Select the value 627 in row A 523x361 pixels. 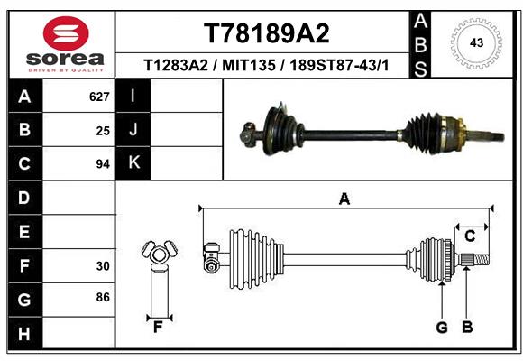(x=99, y=97)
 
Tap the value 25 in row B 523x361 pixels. (x=103, y=130)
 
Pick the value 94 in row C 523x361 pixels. (x=103, y=164)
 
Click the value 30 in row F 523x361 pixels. (x=103, y=266)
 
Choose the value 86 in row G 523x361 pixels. (x=103, y=296)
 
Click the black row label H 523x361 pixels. (x=23, y=334)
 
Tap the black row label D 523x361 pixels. (x=23, y=198)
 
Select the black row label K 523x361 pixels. (x=133, y=163)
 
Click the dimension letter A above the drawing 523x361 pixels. (x=344, y=199)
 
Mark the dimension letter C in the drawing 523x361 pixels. (x=469, y=236)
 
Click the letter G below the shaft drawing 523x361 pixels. (x=442, y=328)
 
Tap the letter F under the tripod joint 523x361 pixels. (x=157, y=328)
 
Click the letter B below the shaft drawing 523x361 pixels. (x=467, y=328)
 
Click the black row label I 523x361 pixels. (x=133, y=96)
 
